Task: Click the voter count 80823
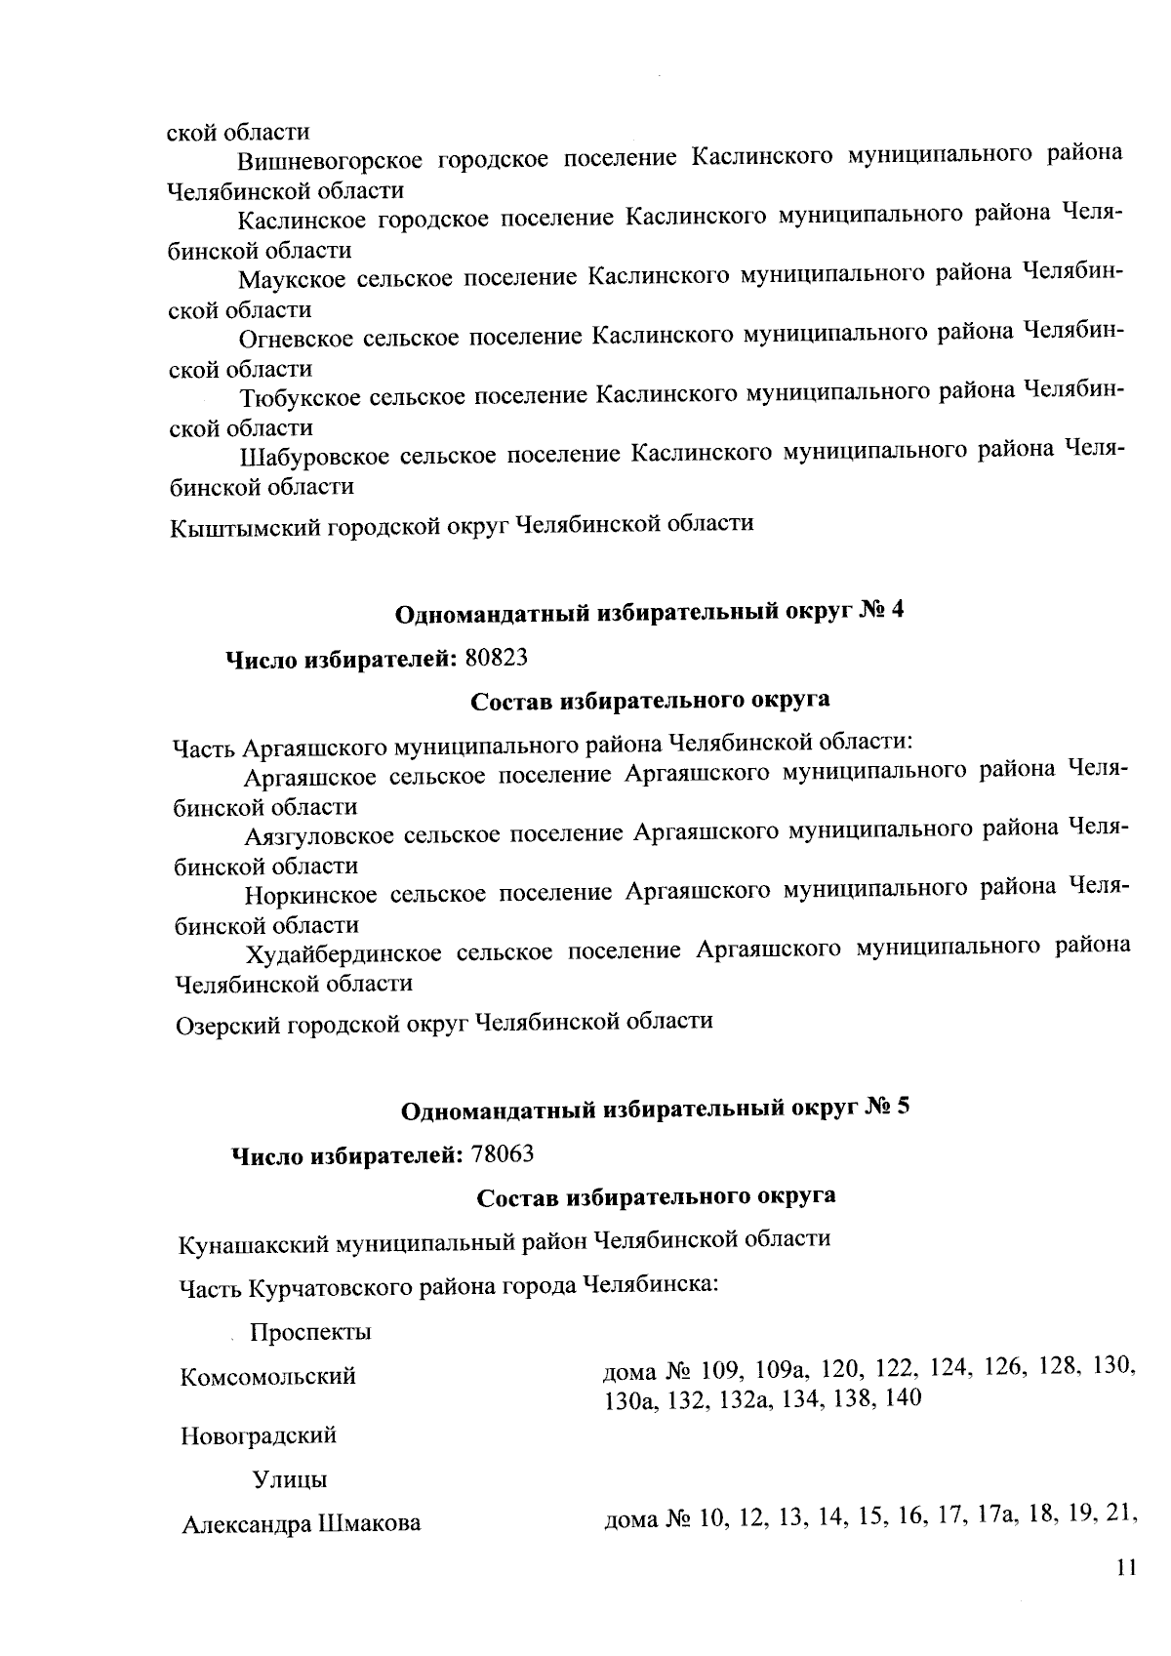(497, 658)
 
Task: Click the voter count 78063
(503, 1154)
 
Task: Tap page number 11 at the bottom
(1126, 1595)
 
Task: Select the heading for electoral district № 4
(650, 613)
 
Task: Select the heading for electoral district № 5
(656, 1110)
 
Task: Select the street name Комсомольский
(268, 1378)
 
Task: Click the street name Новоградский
(259, 1436)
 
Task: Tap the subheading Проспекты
(309, 1333)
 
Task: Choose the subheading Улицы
(290, 1480)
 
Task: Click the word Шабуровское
(313, 456)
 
